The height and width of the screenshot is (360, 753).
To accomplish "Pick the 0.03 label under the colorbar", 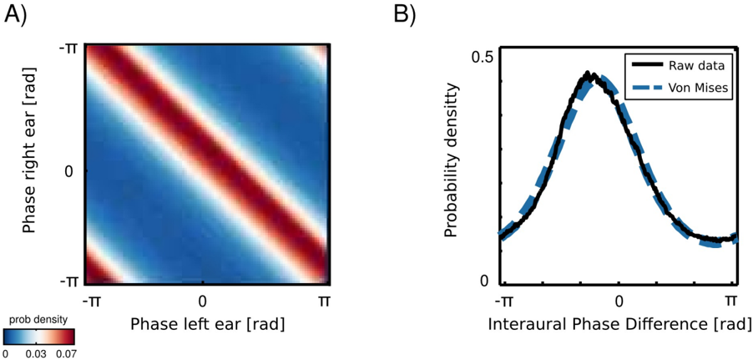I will tap(35, 353).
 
